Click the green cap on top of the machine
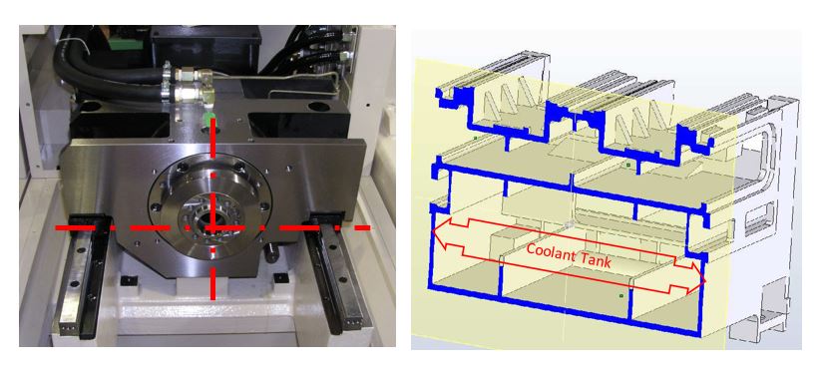pyautogui.click(x=209, y=116)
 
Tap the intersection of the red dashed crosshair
pyautogui.click(x=212, y=227)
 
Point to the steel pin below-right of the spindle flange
pyautogui.click(x=271, y=252)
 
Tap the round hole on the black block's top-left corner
pyautogui.click(x=90, y=107)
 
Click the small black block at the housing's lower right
pyautogui.click(x=280, y=277)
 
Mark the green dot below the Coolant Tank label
pyautogui.click(x=620, y=296)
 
